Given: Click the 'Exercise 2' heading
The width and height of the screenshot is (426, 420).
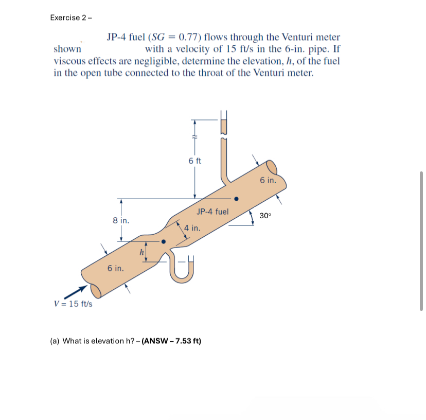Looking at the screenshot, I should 70,17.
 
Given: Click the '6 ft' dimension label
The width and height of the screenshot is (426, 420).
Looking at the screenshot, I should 195,161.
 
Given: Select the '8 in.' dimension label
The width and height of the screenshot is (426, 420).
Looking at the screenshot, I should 121,220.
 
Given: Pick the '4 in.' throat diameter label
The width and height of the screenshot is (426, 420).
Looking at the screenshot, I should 192,227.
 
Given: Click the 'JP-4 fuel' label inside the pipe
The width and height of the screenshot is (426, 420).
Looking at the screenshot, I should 212,211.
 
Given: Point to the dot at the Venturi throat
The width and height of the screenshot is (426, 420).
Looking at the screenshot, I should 164,241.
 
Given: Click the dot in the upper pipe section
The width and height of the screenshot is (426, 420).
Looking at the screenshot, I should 236,198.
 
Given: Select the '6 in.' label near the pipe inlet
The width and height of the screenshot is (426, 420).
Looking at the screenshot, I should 116,268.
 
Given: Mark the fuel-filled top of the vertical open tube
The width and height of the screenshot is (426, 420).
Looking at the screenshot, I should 223,125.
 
